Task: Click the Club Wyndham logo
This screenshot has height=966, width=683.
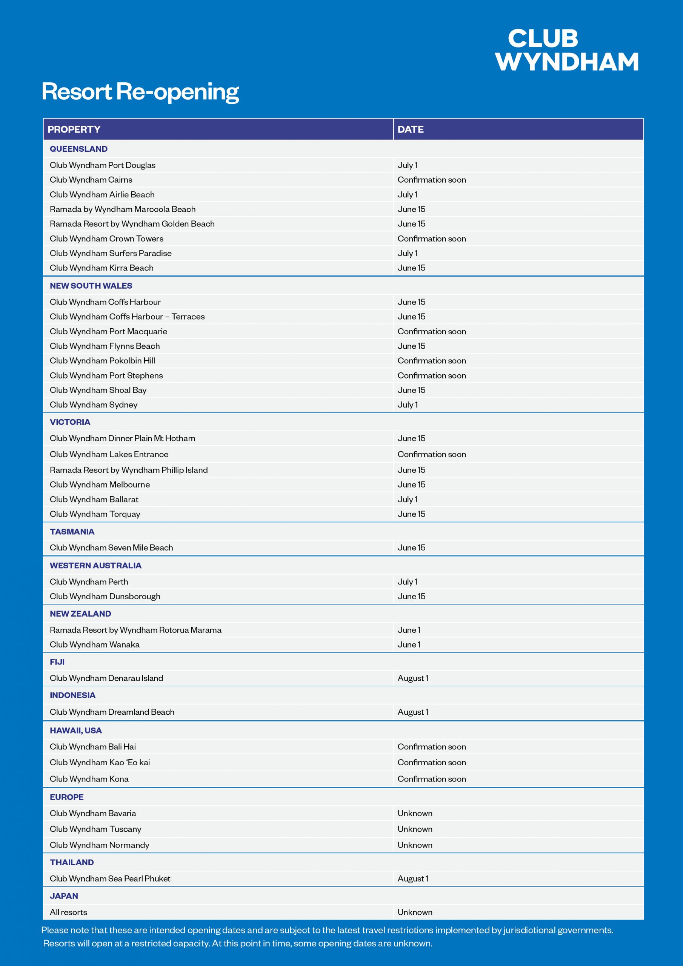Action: coord(566,50)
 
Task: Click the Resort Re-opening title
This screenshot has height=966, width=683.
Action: coord(140,91)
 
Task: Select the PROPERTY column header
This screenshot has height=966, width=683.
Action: coord(74,129)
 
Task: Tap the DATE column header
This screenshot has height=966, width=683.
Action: coord(410,129)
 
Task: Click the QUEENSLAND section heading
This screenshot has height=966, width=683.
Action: coord(79,149)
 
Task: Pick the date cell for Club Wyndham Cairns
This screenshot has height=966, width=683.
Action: coord(431,180)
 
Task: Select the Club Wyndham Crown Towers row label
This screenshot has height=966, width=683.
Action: coord(106,238)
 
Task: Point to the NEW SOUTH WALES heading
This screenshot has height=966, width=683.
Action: coord(91,286)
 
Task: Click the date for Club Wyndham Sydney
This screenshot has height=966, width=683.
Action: coord(408,405)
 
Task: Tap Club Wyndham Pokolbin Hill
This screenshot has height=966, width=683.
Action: coord(102,361)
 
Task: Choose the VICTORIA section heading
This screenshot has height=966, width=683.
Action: coord(70,422)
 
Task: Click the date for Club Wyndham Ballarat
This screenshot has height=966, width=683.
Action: coord(408,499)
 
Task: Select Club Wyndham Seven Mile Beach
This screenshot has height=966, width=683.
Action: coord(111,548)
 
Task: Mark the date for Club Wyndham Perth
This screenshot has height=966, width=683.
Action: coord(408,582)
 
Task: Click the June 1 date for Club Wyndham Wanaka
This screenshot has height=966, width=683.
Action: coord(409,645)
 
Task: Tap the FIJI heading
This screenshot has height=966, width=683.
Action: coord(57,662)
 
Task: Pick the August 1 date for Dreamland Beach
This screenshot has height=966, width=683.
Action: coord(412,712)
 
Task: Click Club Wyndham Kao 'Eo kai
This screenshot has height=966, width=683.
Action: coord(100,762)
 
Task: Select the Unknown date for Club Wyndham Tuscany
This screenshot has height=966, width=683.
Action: coord(414,829)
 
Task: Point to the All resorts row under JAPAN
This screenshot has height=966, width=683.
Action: coord(69,912)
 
